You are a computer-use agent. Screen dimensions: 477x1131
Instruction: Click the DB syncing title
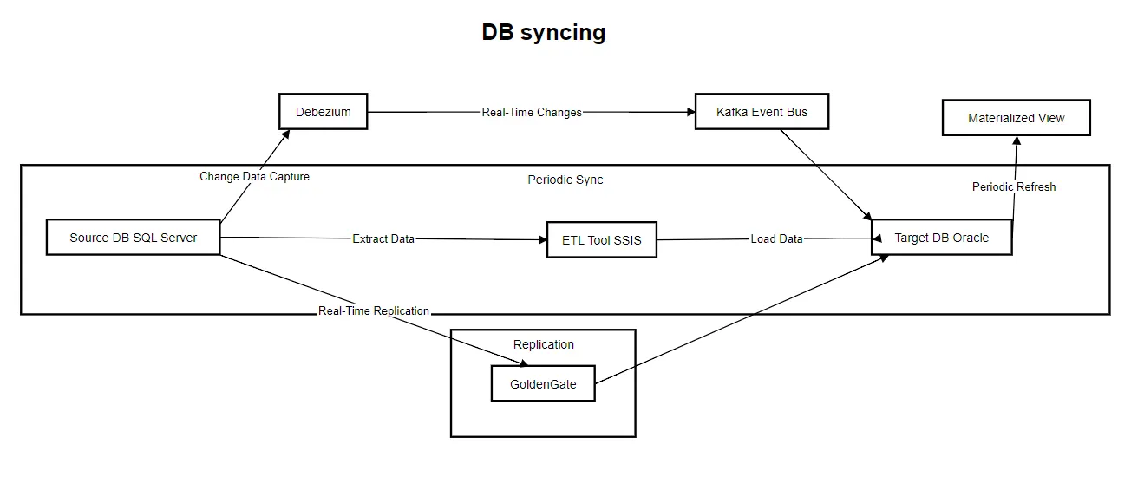544,33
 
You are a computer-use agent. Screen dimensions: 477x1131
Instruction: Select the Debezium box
323,112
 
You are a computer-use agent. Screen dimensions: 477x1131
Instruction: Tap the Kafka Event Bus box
762,112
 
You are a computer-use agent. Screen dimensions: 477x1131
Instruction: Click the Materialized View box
1016,118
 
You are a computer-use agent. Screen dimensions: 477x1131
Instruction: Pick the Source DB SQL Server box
133,238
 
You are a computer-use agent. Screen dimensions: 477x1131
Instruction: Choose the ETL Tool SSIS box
601,239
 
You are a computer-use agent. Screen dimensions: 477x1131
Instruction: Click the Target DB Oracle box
941,238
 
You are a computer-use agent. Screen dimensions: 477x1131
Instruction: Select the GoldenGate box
543,383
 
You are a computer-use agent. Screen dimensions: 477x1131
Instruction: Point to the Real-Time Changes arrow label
532,112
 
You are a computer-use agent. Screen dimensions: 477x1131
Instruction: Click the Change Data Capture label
254,176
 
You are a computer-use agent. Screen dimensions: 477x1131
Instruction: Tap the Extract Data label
382,238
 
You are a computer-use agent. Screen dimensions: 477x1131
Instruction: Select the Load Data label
776,238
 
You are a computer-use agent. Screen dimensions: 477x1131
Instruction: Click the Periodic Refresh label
1013,186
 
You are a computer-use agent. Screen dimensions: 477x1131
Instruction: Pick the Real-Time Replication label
374,310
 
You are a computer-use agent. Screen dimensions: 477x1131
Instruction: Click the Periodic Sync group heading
565,180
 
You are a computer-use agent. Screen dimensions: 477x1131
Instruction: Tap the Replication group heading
543,344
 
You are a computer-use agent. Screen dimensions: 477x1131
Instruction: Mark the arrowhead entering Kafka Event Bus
691,112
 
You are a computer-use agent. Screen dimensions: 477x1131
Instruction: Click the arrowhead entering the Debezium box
286,133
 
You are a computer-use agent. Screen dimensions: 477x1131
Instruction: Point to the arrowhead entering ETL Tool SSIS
543,239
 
